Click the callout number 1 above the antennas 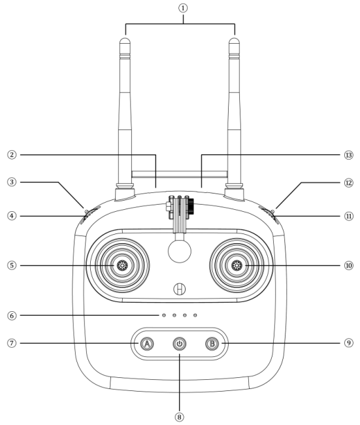[183, 8]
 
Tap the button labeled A [147, 344]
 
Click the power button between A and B [179, 344]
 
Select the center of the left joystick [122, 265]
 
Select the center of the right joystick [237, 265]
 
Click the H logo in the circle [179, 288]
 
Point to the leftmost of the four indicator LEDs [164, 315]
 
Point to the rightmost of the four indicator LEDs [195, 315]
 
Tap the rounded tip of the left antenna [125, 42]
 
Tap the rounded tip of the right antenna [234, 42]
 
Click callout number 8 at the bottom [179, 417]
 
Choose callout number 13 [349, 155]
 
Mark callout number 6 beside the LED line [12, 316]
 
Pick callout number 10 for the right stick [349, 265]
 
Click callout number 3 [12, 182]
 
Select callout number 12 [349, 182]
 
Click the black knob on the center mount [191, 206]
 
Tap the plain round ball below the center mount [179, 251]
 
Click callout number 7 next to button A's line [12, 343]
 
